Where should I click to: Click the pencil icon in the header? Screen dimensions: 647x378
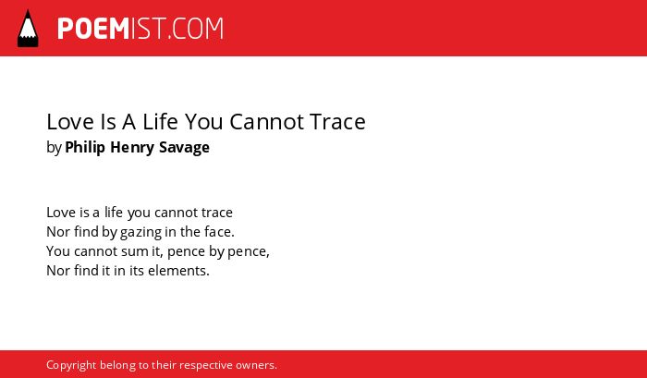[x=28, y=28]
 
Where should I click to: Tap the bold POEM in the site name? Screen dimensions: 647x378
[x=93, y=29]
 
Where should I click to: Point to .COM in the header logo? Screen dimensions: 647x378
[x=196, y=29]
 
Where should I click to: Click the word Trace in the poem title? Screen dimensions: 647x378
[x=337, y=122]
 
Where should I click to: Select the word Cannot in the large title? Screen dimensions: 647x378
[x=266, y=122]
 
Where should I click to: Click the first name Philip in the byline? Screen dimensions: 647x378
[x=85, y=148]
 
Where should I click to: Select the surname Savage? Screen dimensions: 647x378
[x=185, y=148]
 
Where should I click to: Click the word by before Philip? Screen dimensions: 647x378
[x=54, y=148]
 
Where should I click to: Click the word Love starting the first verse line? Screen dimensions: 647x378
[x=61, y=213]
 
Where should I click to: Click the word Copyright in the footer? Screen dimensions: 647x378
[x=71, y=365]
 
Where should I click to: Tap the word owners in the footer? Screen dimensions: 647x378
[x=256, y=366]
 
